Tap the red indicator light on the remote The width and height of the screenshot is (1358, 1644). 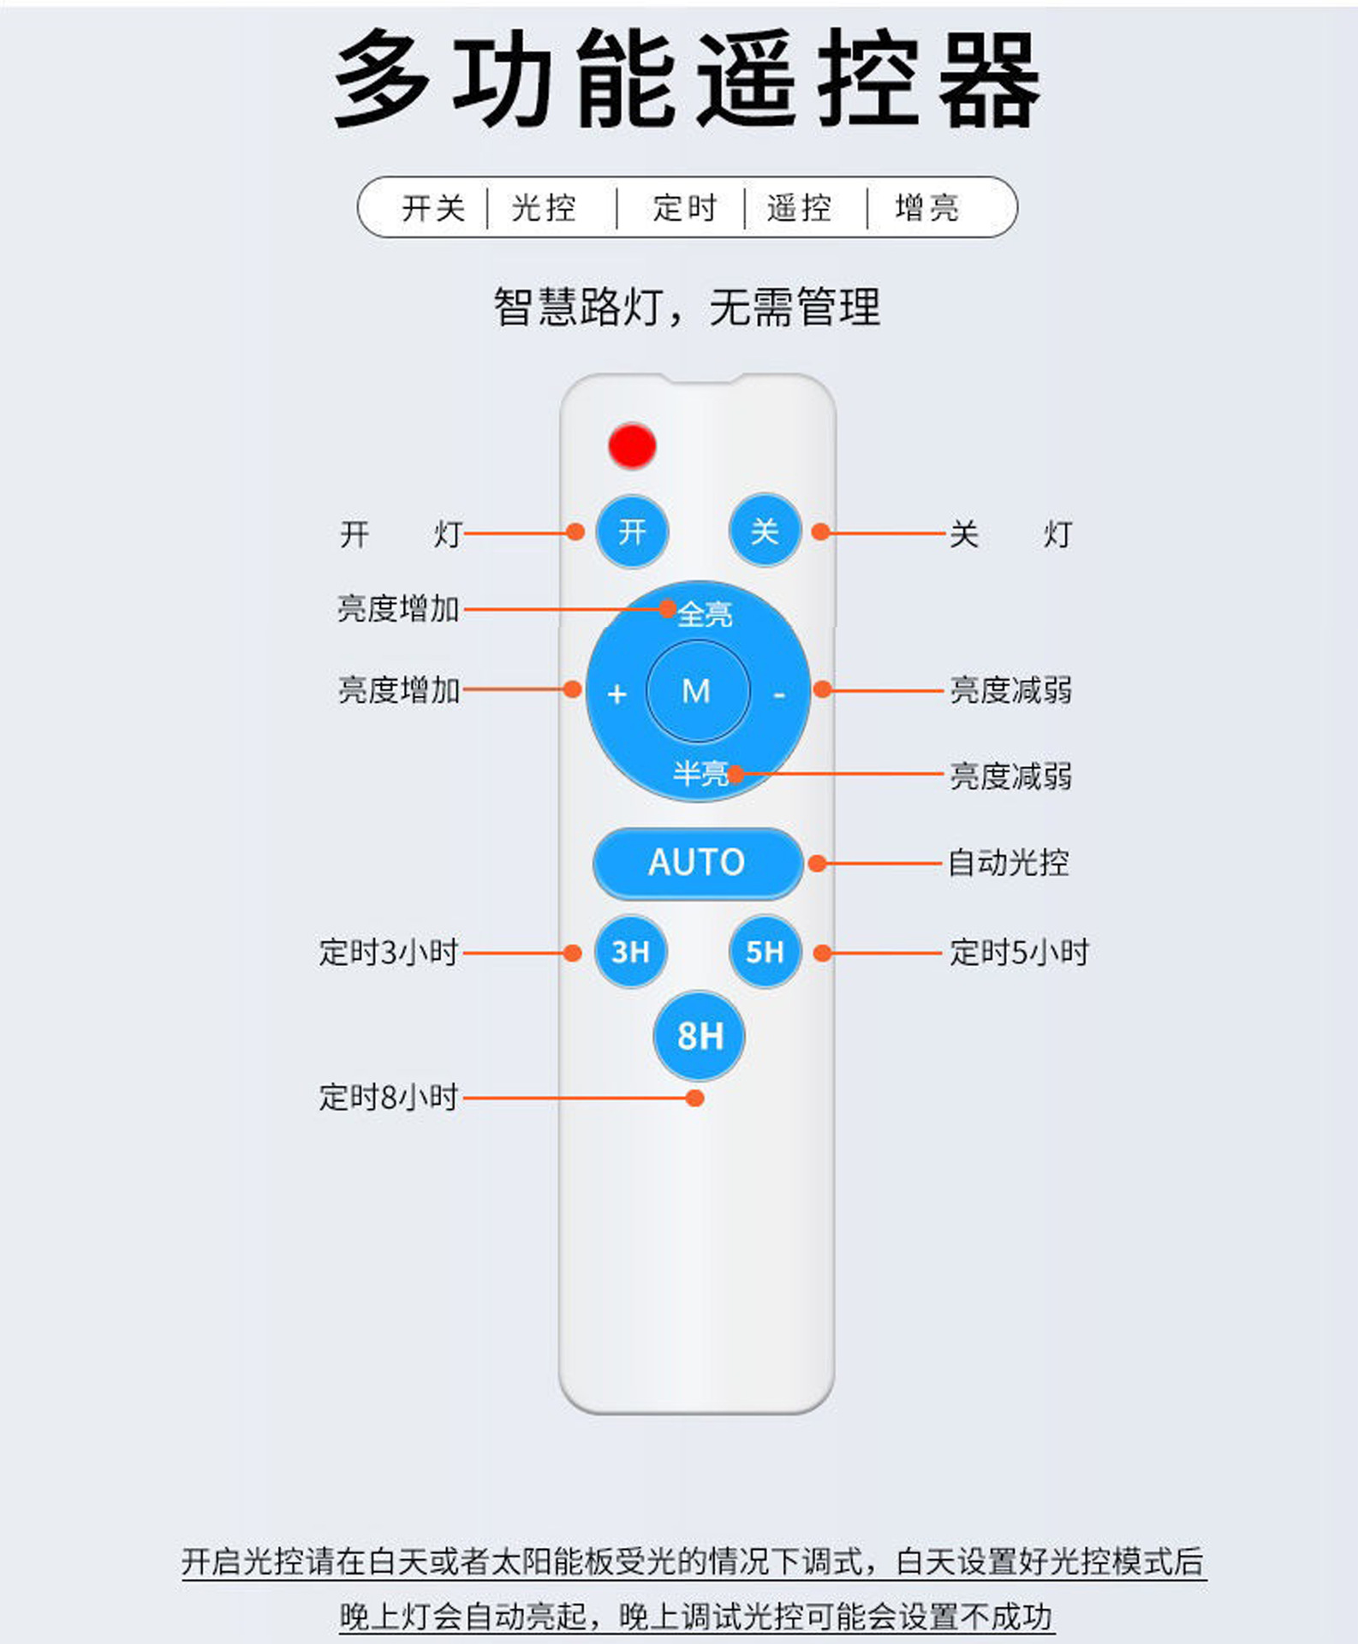(632, 446)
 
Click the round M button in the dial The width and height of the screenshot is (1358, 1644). (697, 691)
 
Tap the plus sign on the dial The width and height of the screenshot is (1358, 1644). (616, 694)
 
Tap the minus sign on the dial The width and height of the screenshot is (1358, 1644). (778, 694)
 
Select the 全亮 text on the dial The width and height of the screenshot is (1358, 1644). (705, 614)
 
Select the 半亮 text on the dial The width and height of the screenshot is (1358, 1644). (700, 773)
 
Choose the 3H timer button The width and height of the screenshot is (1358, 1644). (631, 951)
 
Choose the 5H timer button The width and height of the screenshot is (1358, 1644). (765, 951)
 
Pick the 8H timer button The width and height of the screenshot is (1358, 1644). (700, 1035)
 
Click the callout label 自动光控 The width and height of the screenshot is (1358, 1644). (1009, 862)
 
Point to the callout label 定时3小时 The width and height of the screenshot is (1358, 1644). (389, 952)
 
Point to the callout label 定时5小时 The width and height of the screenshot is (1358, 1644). (1019, 952)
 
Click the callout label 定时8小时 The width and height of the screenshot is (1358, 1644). (389, 1097)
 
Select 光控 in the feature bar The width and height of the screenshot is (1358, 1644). (544, 208)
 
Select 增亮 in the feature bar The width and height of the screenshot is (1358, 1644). (927, 208)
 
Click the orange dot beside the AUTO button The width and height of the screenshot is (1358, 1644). (818, 863)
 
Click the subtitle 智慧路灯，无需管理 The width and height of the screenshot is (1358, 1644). (687, 307)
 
